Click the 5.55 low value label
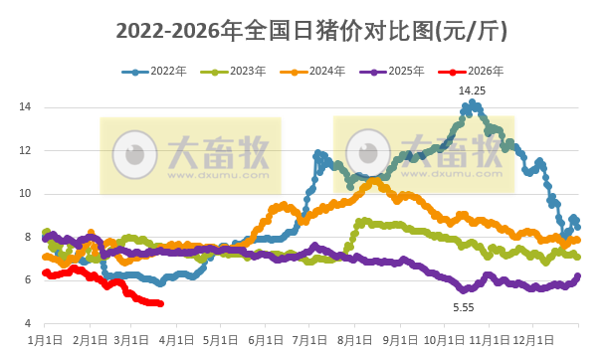[x=464, y=308]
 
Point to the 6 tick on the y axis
[x=30, y=279]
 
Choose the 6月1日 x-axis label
[x=266, y=338]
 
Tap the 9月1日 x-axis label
[x=399, y=338]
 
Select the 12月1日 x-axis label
[x=530, y=338]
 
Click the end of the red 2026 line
[x=161, y=303]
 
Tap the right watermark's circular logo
[x=367, y=154]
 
